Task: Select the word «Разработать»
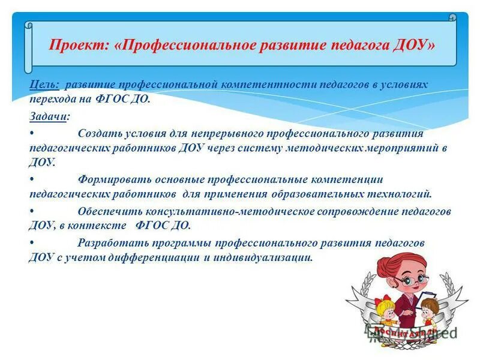pos(111,242)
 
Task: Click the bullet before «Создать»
pos(31,133)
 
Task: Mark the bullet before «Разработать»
pos(31,242)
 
